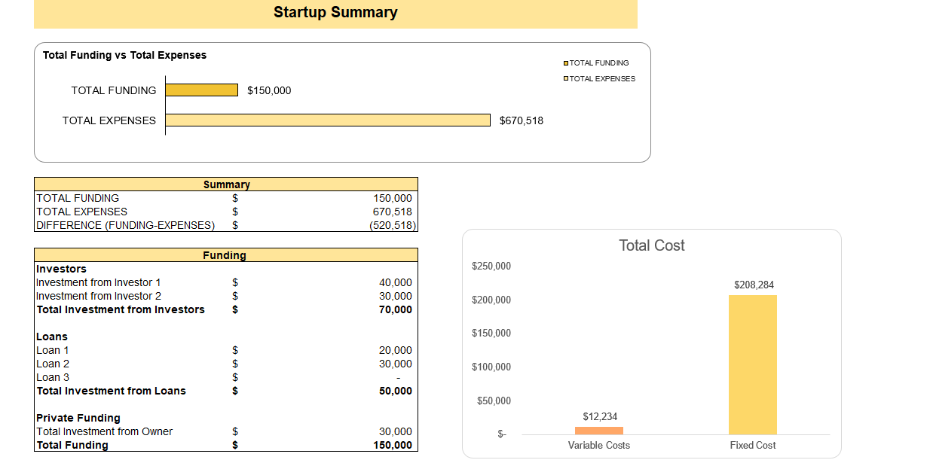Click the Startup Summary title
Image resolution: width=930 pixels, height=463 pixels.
tap(335, 13)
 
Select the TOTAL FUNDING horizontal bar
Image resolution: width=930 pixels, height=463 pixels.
tap(201, 90)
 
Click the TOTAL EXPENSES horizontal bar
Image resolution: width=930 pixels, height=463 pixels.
tap(327, 120)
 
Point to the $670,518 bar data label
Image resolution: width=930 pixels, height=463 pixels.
tap(521, 120)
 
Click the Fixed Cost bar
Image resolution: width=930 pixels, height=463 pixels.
tap(752, 364)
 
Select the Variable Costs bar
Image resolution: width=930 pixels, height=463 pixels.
tap(599, 431)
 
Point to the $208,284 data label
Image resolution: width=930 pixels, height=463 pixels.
tap(754, 285)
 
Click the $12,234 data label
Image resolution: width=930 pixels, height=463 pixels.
tap(600, 416)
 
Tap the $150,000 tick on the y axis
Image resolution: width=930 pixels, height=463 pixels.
tap(491, 334)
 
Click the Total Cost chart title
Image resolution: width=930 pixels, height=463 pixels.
tap(652, 245)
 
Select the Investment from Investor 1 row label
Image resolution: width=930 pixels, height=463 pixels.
tap(99, 282)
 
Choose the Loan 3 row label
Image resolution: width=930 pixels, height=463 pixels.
tap(53, 377)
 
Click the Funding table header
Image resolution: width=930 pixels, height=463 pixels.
tap(225, 255)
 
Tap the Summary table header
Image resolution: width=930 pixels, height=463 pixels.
tap(226, 184)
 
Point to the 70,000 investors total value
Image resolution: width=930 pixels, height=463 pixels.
tap(395, 309)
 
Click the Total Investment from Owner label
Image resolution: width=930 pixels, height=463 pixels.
tap(105, 431)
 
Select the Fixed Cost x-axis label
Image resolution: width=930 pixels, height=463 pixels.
tap(753, 445)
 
